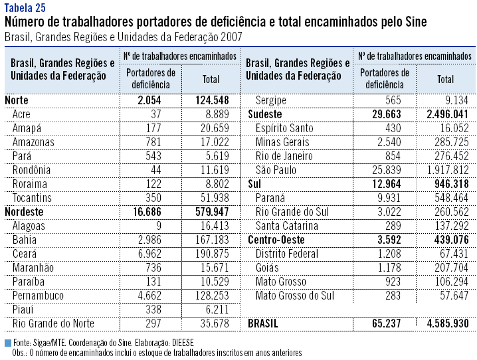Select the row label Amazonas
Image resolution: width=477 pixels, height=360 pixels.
33,142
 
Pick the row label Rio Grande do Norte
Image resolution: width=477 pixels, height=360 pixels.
53,323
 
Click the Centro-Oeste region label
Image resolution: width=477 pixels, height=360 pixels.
276,240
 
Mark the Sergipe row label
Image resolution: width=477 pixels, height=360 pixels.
271,100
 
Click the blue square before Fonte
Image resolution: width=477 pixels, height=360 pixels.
7,343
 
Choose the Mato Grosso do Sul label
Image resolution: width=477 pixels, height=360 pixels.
295,296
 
